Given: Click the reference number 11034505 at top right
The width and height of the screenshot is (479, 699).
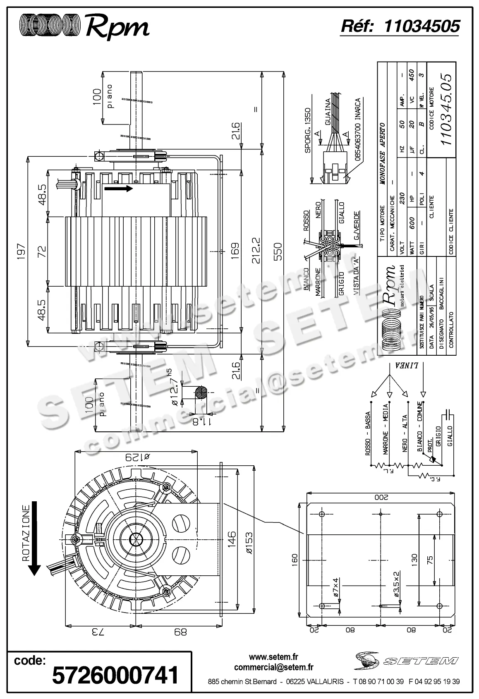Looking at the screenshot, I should click(x=422, y=26).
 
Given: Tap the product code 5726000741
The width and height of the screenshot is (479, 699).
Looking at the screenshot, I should click(x=115, y=675).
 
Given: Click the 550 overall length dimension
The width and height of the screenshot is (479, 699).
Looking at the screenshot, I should click(x=277, y=251).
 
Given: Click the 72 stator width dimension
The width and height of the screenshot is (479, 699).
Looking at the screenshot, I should click(x=42, y=251).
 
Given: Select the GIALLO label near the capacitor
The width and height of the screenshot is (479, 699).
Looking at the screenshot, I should click(x=450, y=437).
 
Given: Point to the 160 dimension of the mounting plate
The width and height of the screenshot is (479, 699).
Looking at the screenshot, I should click(x=295, y=561).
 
